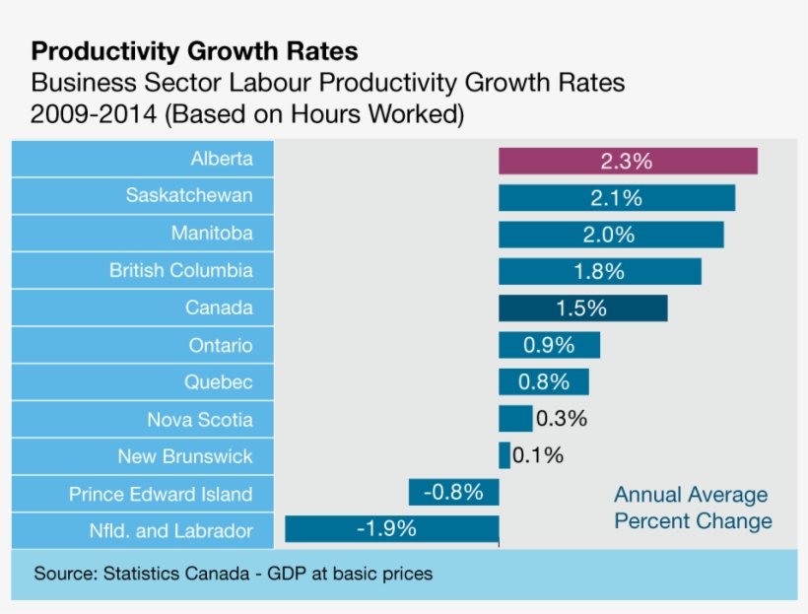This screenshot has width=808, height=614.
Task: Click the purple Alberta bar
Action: pyautogui.click(x=628, y=161)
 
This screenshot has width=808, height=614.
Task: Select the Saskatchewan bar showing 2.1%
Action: pyautogui.click(x=616, y=197)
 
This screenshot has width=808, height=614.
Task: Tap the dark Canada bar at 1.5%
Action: pyautogui.click(x=582, y=308)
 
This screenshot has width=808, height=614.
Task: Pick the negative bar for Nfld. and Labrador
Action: pyautogui.click(x=391, y=529)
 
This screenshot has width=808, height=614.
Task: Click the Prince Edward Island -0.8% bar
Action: pyautogui.click(x=453, y=493)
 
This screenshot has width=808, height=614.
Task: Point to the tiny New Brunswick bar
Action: pyautogui.click(x=505, y=455)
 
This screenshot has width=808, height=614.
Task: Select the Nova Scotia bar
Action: pyautogui.click(x=514, y=419)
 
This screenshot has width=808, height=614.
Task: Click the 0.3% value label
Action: pyautogui.click(x=562, y=419)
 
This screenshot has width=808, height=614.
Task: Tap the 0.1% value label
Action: pyautogui.click(x=538, y=455)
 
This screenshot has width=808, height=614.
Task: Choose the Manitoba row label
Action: pyautogui.click(x=212, y=234)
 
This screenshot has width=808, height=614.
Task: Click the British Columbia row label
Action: pyautogui.click(x=181, y=270)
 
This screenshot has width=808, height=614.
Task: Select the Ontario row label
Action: pyautogui.click(x=221, y=345)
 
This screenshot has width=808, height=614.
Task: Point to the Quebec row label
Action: pyautogui.click(x=219, y=381)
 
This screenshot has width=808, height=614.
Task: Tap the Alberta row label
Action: pyautogui.click(x=222, y=159)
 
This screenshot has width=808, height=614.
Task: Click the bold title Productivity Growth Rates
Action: pyautogui.click(x=195, y=50)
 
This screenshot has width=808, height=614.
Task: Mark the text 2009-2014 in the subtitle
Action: pyautogui.click(x=94, y=114)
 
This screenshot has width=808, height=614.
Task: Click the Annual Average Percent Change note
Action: pyautogui.click(x=692, y=508)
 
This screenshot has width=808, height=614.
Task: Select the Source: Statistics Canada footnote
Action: pyautogui.click(x=234, y=573)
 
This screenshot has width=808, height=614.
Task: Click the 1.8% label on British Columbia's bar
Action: pyautogui.click(x=599, y=271)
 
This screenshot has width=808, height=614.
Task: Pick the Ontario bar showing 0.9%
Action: pyautogui.click(x=549, y=345)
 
